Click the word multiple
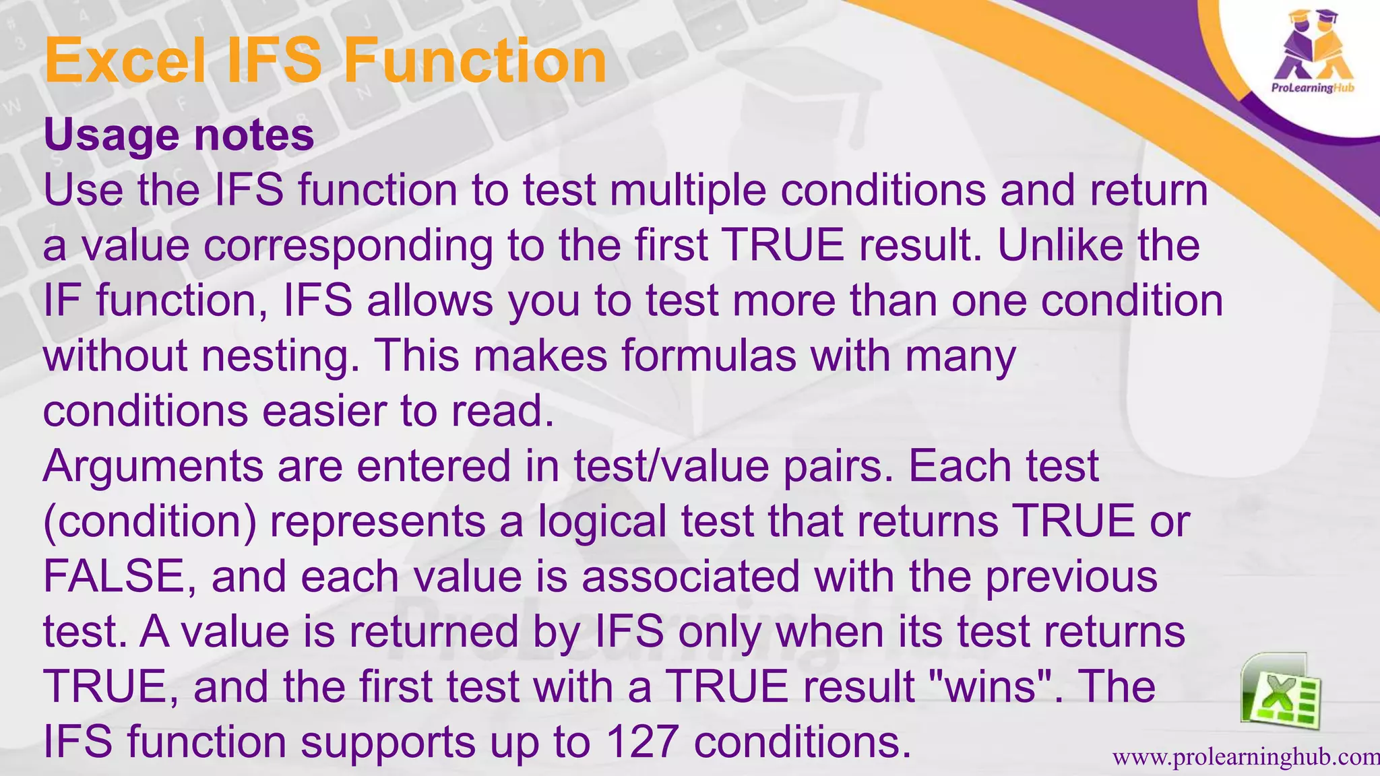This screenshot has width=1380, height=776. (688, 191)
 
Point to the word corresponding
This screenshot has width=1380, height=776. (348, 246)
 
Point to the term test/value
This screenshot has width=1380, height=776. (671, 466)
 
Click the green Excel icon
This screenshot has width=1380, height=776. (1280, 692)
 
